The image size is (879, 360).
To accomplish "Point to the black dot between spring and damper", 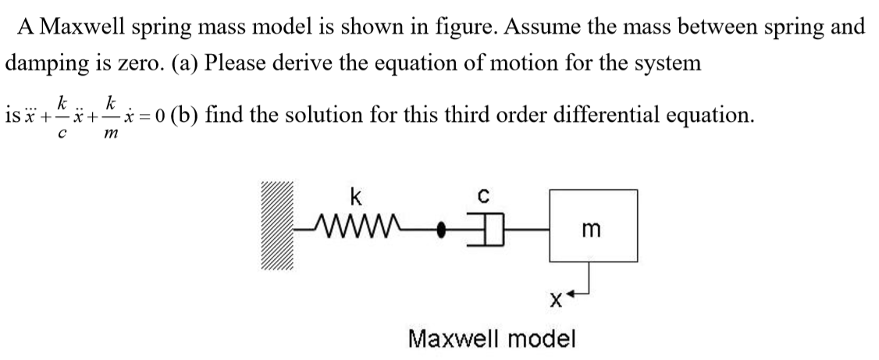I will [441, 230].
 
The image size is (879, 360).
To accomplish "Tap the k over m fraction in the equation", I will [112, 117].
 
